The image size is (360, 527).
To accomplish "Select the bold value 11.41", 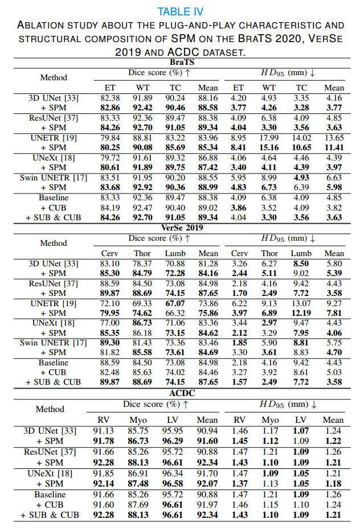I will [x=333, y=148].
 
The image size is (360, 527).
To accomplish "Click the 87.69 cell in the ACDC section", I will [x=142, y=505].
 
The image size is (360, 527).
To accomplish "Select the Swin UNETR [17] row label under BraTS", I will [x=53, y=179].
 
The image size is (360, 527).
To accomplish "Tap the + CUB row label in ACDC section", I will [x=53, y=505].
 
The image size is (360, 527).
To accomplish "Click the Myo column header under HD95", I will [x=270, y=420].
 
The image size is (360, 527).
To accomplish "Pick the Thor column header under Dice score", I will [x=142, y=254].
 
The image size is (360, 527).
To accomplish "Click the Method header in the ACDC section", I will [x=50, y=409].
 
